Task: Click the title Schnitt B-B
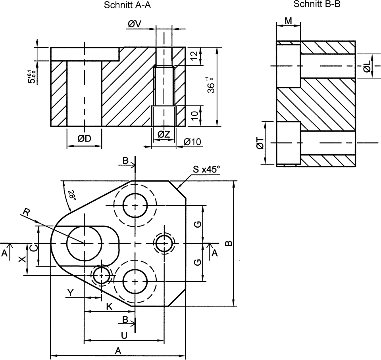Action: pyautogui.click(x=317, y=4)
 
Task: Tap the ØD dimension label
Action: pyautogui.click(x=85, y=138)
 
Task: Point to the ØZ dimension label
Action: pyautogui.click(x=164, y=135)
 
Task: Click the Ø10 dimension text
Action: pyautogui.click(x=193, y=142)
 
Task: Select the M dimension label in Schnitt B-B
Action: pyautogui.click(x=289, y=21)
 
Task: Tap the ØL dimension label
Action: pyautogui.click(x=367, y=66)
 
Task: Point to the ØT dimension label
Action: pyautogui.click(x=260, y=143)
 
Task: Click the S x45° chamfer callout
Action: pyautogui.click(x=206, y=170)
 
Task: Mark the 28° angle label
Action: pyautogui.click(x=71, y=195)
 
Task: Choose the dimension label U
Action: pyautogui.click(x=124, y=335)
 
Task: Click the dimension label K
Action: pyautogui.click(x=110, y=306)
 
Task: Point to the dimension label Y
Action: pyautogui.click(x=71, y=293)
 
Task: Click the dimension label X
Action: pyautogui.click(x=22, y=259)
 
